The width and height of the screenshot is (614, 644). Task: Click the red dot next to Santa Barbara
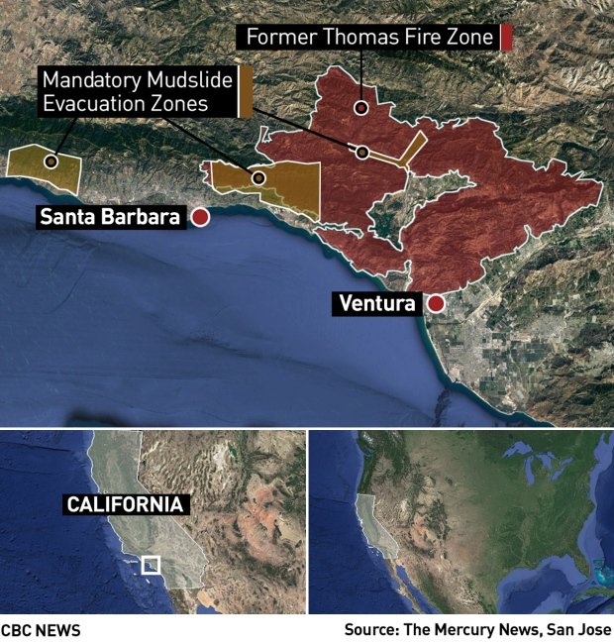[x=200, y=218]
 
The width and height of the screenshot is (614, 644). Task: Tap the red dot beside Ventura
[x=434, y=304]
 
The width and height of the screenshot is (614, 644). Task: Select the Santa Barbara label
[x=111, y=218]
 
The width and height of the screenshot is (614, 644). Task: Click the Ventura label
[x=376, y=304]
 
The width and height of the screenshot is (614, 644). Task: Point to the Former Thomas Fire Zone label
[x=367, y=38]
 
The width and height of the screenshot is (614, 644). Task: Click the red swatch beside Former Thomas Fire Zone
[x=506, y=38]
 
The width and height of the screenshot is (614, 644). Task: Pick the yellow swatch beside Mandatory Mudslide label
[x=245, y=89]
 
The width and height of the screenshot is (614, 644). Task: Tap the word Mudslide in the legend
[x=194, y=79]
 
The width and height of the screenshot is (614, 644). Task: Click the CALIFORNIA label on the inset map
[x=125, y=504]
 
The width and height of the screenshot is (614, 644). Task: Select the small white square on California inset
[x=151, y=565]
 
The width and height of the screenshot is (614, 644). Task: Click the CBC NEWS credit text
[x=41, y=630]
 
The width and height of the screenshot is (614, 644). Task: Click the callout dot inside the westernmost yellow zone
[x=51, y=161]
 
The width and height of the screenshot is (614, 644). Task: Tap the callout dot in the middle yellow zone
[x=258, y=178]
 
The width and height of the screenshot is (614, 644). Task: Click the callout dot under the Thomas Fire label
[x=361, y=107]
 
